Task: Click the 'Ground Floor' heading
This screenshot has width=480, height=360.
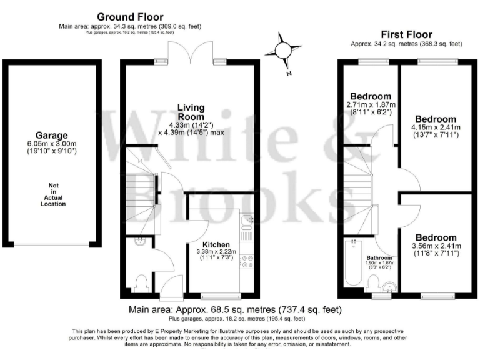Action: pos(130,17)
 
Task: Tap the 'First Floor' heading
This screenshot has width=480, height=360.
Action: pos(406,34)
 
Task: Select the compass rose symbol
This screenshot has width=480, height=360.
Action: pos(282,51)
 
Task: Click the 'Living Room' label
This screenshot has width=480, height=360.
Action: pos(191,112)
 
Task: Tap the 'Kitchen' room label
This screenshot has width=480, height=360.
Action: pos(215,244)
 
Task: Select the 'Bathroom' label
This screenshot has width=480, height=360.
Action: pos(379,258)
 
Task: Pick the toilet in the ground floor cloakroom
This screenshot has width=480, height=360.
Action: pos(141,281)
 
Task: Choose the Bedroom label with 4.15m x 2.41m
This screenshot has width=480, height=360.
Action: pos(436,119)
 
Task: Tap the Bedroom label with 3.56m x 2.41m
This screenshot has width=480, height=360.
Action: pos(436,237)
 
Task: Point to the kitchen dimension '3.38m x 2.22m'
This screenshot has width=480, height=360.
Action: pos(215,252)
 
